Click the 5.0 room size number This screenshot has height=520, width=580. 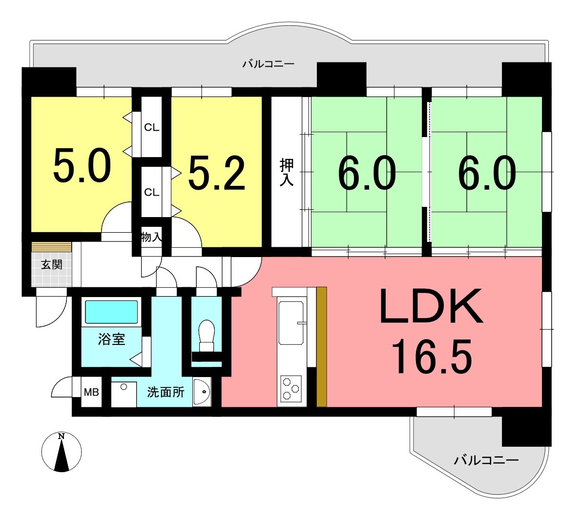tap(82, 165)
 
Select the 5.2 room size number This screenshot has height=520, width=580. tap(217, 173)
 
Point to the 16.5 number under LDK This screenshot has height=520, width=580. tap(432, 357)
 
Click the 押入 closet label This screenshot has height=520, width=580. tap(287, 172)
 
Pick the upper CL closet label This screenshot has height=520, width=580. tap(152, 127)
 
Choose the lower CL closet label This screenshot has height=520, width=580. tap(152, 192)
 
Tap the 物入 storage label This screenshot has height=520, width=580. tap(152, 237)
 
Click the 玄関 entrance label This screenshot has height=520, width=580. tap(51, 264)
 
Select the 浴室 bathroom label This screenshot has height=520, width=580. tap(111, 339)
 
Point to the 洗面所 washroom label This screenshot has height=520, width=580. tap(166, 392)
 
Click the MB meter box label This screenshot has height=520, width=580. tap(91, 392)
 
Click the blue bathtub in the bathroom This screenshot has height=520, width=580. tap(111, 312)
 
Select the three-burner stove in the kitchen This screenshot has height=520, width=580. tap(291, 388)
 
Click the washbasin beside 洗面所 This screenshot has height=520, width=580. tap(202, 392)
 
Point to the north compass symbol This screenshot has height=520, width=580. tap(62, 452)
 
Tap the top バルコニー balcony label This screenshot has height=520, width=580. tap(268, 64)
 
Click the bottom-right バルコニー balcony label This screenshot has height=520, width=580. tap(486, 460)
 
